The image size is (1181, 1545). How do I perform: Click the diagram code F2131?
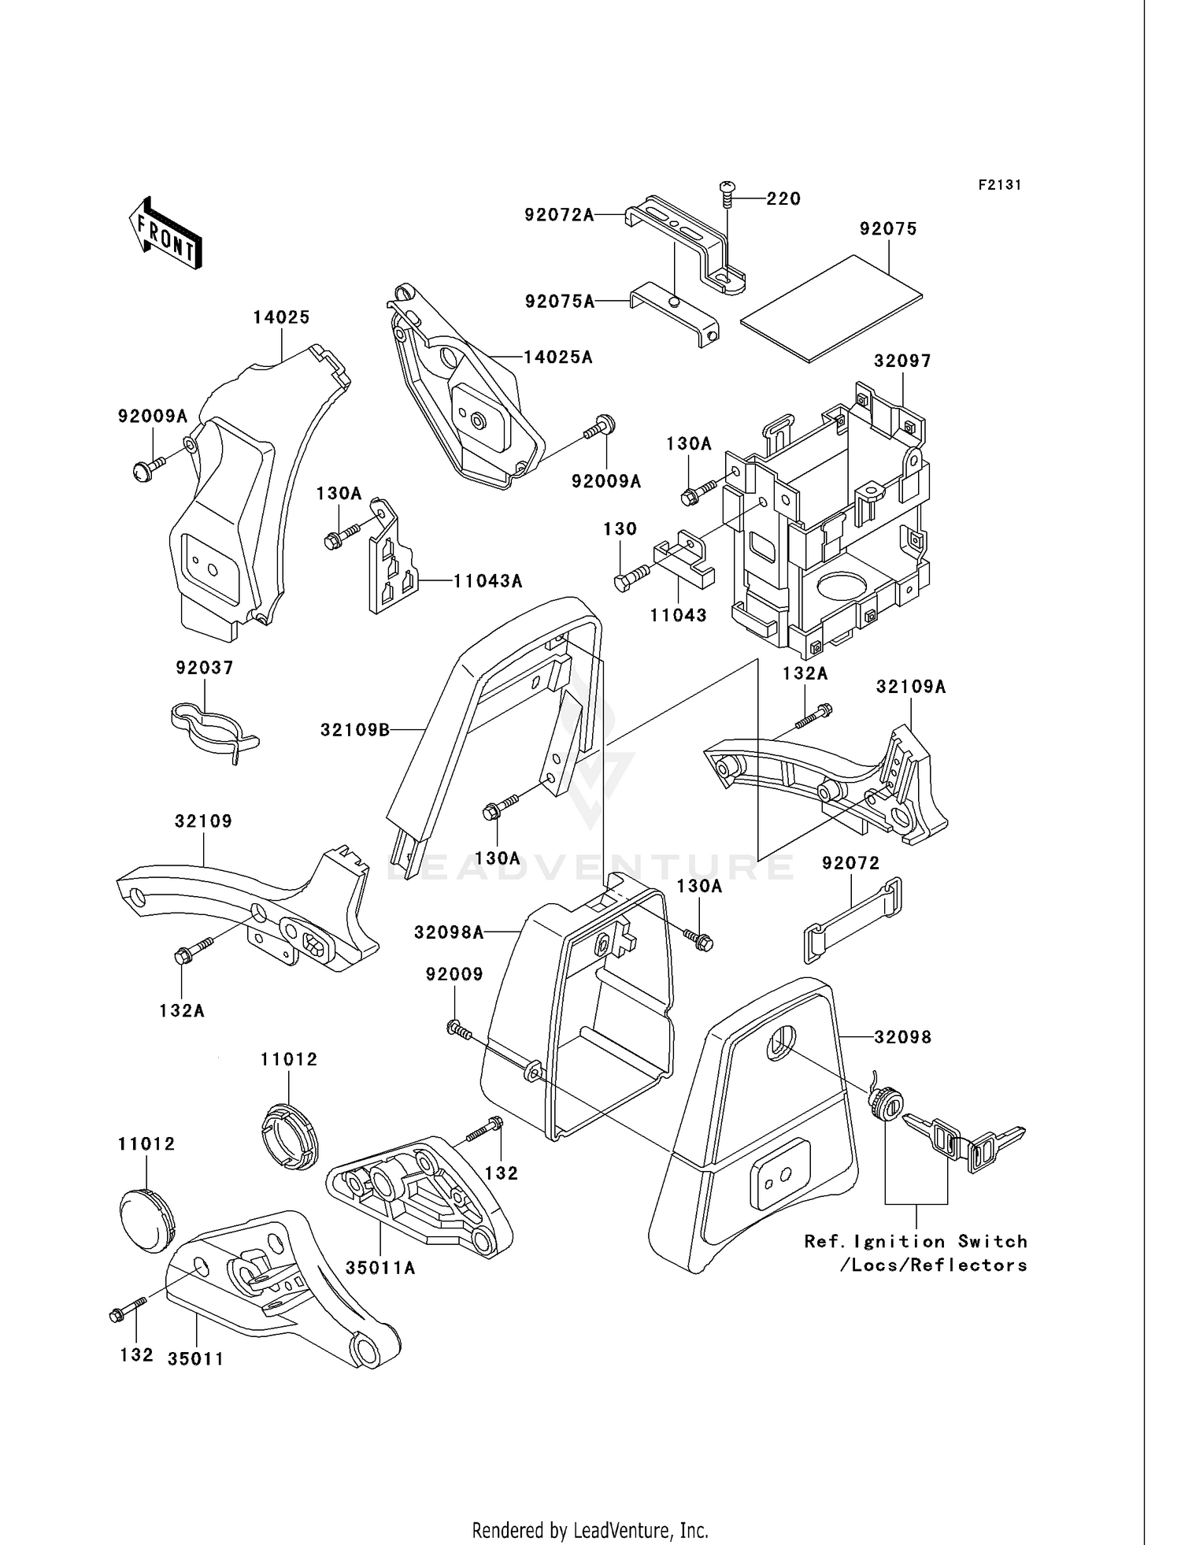click(x=999, y=185)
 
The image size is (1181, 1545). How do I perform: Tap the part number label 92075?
click(x=888, y=229)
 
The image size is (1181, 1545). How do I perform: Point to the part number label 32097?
click(x=902, y=361)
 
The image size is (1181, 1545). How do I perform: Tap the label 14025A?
click(x=558, y=358)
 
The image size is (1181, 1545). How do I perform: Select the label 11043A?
click(x=488, y=581)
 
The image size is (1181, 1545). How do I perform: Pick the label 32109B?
click(x=354, y=730)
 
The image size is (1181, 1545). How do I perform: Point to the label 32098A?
click(x=449, y=933)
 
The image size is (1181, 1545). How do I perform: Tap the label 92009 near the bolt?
click(x=454, y=974)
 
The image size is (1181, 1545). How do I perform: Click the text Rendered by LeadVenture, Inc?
click(x=590, y=1530)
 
